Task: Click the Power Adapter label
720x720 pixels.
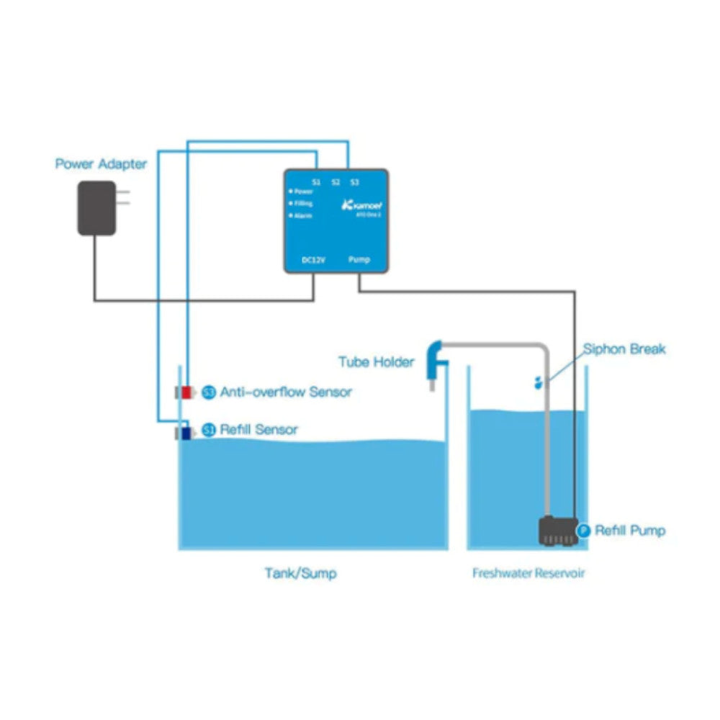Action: pos(101,164)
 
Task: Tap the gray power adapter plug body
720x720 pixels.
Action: pos(96,207)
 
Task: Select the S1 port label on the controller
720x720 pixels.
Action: pos(316,182)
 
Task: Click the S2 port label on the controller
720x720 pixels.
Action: pos(336,182)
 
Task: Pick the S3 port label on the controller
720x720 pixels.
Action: pos(354,182)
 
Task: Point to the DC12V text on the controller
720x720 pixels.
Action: pos(312,259)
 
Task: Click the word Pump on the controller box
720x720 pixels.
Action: pos(359,259)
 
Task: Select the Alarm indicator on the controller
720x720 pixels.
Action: pos(302,215)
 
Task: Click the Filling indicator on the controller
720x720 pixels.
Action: pos(302,204)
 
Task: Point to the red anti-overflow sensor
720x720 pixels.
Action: pos(186,392)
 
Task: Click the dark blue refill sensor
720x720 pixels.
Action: pos(185,433)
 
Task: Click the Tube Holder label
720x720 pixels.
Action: pos(377,361)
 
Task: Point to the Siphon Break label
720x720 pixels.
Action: pos(624,349)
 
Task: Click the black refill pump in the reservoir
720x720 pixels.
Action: pos(557,531)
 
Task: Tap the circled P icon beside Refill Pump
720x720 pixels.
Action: pos(584,531)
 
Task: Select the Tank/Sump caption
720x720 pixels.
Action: pos(300,574)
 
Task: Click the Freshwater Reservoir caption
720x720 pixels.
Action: pos(528,574)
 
